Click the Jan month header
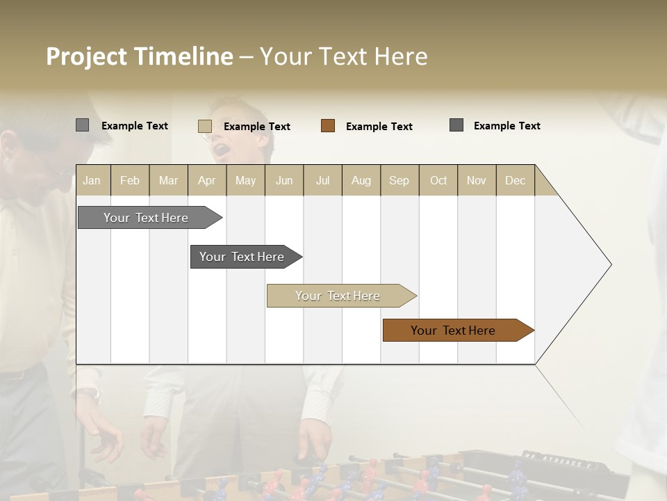92,180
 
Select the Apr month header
206,180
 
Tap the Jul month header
322,180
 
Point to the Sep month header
399,180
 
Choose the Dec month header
515,180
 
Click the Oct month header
438,180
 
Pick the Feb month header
130,180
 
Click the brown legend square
328,126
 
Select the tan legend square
205,126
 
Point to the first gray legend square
82,125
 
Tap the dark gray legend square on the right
456,125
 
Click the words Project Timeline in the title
139,56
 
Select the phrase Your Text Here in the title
343,56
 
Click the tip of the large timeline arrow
609,264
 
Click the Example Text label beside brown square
379,127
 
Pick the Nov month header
476,180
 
